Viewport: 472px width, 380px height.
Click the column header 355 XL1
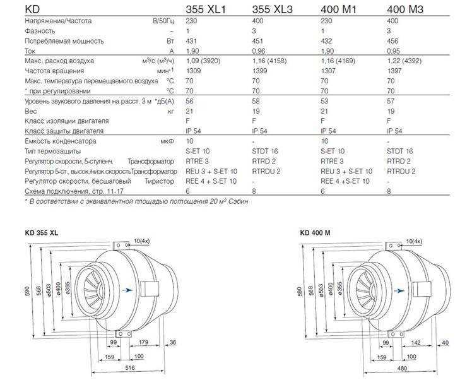205,9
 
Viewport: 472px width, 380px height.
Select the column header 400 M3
405,9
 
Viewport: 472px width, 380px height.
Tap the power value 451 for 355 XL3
257,41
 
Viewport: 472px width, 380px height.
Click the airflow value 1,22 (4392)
404,61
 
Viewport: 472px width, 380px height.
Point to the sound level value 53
324,101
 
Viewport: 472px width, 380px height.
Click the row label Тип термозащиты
52,151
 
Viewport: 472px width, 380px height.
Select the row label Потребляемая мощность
64,41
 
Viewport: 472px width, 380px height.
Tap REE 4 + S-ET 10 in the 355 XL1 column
211,181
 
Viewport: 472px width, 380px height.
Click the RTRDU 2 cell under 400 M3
401,171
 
